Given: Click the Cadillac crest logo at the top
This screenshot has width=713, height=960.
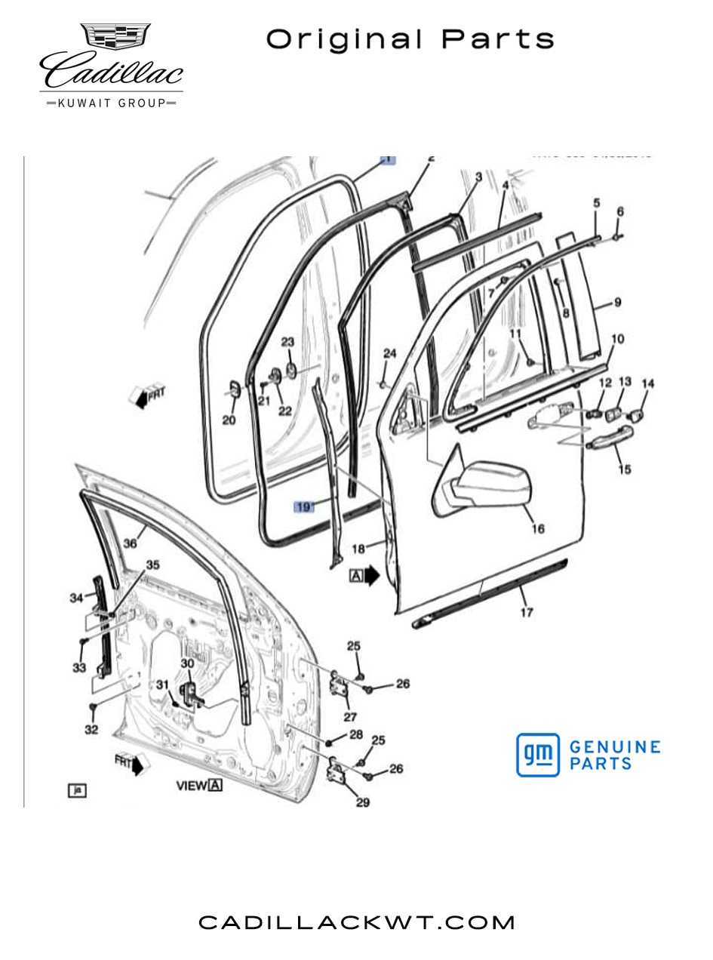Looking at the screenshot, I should pyautogui.click(x=115, y=38).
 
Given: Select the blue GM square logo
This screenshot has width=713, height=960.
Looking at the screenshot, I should pyautogui.click(x=538, y=755).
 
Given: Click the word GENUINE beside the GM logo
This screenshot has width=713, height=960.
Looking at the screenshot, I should pyautogui.click(x=615, y=747).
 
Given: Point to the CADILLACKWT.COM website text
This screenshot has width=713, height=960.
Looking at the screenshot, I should pyautogui.click(x=357, y=922).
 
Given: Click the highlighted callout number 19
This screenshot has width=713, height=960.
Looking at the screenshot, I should pyautogui.click(x=303, y=507).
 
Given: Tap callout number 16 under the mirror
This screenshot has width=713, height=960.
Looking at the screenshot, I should pyautogui.click(x=537, y=529).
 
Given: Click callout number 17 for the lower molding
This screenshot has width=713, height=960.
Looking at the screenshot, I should pyautogui.click(x=526, y=612).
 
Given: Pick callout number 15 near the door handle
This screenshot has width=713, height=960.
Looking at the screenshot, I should pyautogui.click(x=625, y=469).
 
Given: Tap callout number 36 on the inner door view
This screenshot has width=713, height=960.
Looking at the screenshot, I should pyautogui.click(x=130, y=543).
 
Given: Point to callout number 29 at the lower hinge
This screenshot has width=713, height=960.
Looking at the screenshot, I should pyautogui.click(x=362, y=802).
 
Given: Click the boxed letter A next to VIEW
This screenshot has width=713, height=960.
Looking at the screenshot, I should pyautogui.click(x=216, y=786).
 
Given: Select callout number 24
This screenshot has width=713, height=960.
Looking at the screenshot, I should pyautogui.click(x=389, y=353).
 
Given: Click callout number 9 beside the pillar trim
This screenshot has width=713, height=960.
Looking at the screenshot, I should pyautogui.click(x=617, y=303).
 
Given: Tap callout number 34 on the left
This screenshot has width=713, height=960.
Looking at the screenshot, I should pyautogui.click(x=75, y=598).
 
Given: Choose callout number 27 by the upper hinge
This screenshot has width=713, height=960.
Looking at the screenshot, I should pyautogui.click(x=349, y=717).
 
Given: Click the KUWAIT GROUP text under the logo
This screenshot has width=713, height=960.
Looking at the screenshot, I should pyautogui.click(x=112, y=103).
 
